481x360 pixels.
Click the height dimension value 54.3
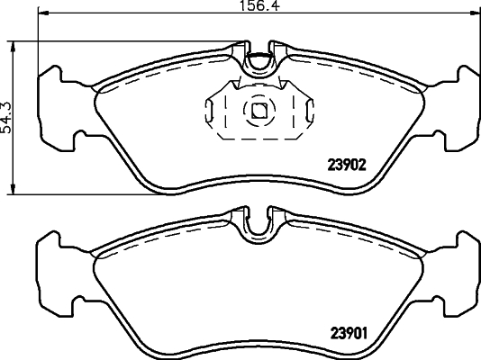click(x=7, y=116)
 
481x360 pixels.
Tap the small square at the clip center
click(x=259, y=112)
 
